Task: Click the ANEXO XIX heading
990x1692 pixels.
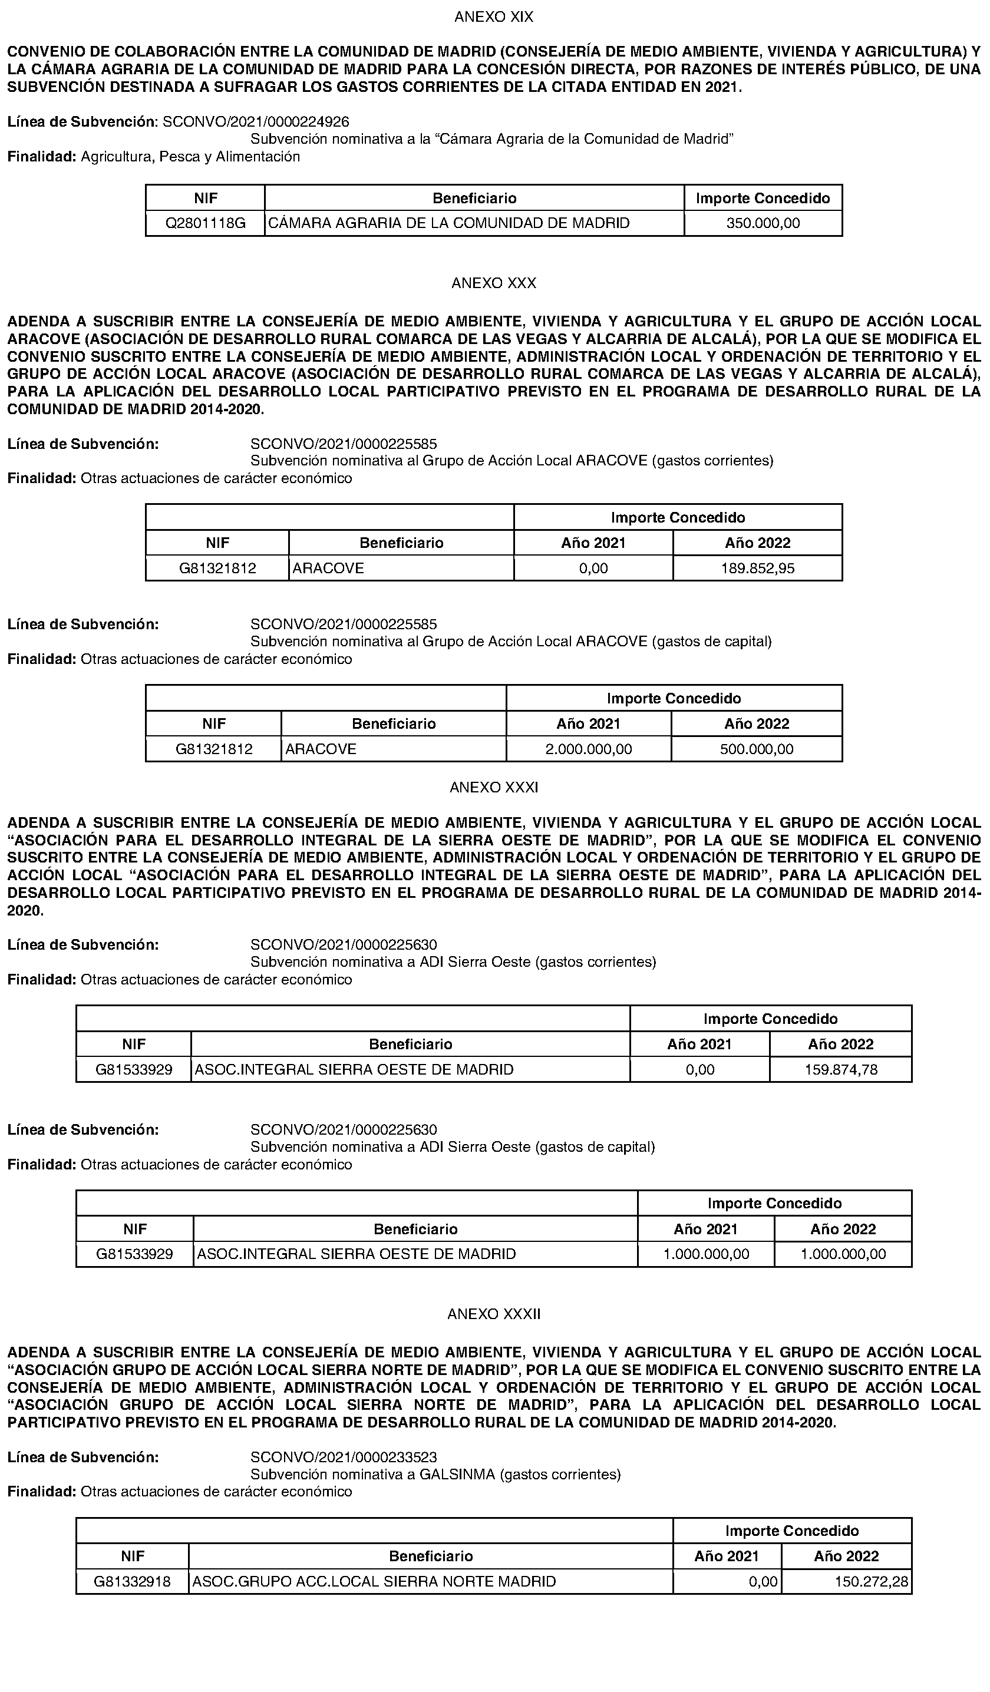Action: [x=494, y=16]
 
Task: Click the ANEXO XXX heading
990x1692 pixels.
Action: [x=494, y=283]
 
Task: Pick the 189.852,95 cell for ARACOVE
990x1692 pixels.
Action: [x=758, y=569]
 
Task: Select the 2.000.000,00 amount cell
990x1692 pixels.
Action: [x=588, y=749]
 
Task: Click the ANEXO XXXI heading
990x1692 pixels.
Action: [x=494, y=787]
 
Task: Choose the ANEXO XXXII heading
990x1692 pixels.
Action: [x=494, y=1314]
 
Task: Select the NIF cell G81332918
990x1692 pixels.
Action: [x=133, y=1582]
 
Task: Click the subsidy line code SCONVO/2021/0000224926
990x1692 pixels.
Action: [x=256, y=121]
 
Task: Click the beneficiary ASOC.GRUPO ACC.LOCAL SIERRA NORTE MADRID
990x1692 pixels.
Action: [x=374, y=1582]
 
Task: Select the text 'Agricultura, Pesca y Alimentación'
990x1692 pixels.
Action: [x=190, y=157]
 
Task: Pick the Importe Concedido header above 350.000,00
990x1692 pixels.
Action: [x=763, y=198]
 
